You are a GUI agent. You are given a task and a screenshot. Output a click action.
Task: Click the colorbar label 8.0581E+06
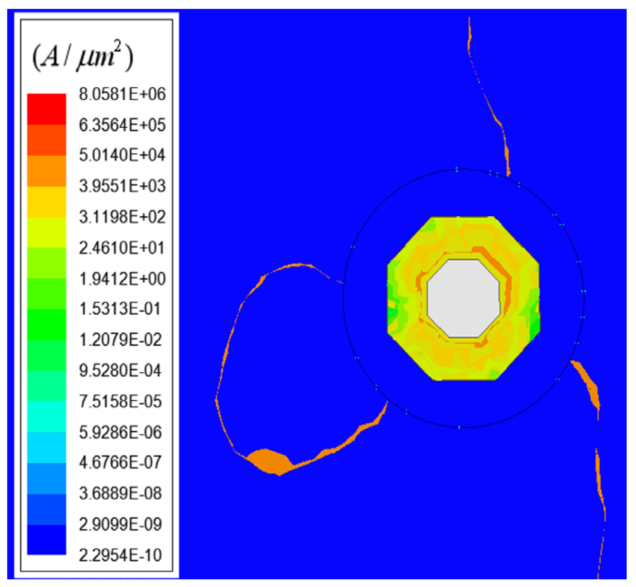coord(122,94)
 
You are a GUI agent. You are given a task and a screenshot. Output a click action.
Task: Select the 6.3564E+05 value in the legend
coord(122,125)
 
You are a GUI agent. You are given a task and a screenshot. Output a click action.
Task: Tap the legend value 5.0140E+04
coord(122,155)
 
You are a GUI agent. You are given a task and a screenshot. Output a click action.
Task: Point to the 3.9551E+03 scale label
coord(122,186)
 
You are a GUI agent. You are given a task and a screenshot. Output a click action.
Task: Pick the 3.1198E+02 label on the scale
coord(122,217)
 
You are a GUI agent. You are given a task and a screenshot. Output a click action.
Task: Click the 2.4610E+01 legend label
coord(122,248)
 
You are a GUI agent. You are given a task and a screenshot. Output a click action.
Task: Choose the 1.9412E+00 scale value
coord(122,279)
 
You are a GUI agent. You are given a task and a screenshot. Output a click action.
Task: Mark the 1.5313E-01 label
coord(120,309)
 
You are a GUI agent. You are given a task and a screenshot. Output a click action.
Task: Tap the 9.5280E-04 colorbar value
coord(120,371)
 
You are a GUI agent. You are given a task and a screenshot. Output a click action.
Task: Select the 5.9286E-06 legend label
coord(120,432)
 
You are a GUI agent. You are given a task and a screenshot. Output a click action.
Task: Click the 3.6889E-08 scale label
coord(120,493)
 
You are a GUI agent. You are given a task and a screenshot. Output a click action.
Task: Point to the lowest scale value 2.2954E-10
coord(120,555)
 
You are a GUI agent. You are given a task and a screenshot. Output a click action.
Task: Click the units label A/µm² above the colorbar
coord(83,57)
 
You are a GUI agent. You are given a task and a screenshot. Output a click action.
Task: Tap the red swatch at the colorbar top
coord(47,109)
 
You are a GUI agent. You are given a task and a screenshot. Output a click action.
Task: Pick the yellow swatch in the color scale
coord(47,202)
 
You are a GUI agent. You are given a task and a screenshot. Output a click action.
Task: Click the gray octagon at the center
coord(463,298)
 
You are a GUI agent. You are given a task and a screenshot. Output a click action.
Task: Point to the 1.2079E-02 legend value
coord(120,340)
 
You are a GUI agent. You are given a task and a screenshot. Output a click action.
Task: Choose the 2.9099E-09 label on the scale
coord(120,524)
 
